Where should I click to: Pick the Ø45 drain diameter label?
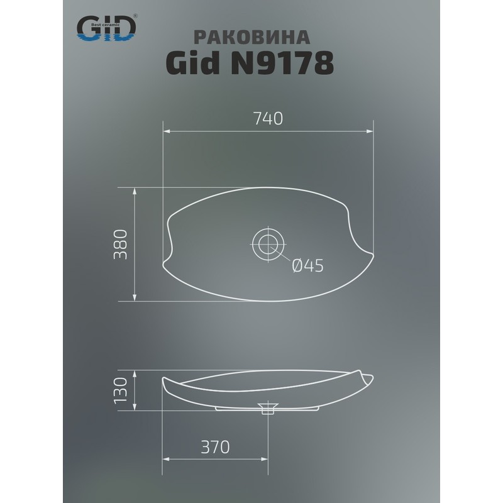[x=307, y=266]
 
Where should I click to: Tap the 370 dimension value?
[x=215, y=447]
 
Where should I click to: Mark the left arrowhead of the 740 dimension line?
[x=166, y=131]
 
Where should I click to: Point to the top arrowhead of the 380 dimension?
[x=135, y=189]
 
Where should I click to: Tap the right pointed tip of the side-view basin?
[x=372, y=378]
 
